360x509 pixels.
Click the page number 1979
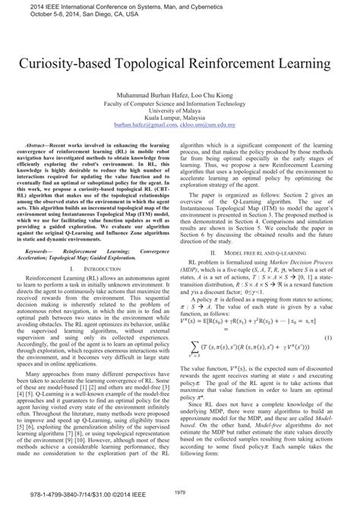tap(179, 492)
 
